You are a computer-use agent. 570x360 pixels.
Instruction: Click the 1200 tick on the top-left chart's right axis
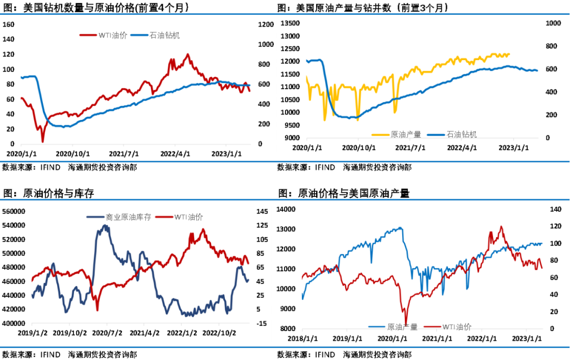pos(267,24)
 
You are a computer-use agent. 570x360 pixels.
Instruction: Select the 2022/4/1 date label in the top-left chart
pos(176,154)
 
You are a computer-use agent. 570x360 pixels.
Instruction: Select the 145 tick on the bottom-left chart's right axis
pos(262,211)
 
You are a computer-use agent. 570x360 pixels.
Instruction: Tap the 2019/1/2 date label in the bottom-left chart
pos(33,333)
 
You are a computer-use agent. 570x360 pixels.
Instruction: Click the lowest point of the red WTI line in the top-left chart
pos(43,141)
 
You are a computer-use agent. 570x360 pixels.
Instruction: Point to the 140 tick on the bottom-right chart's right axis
pos(555,210)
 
